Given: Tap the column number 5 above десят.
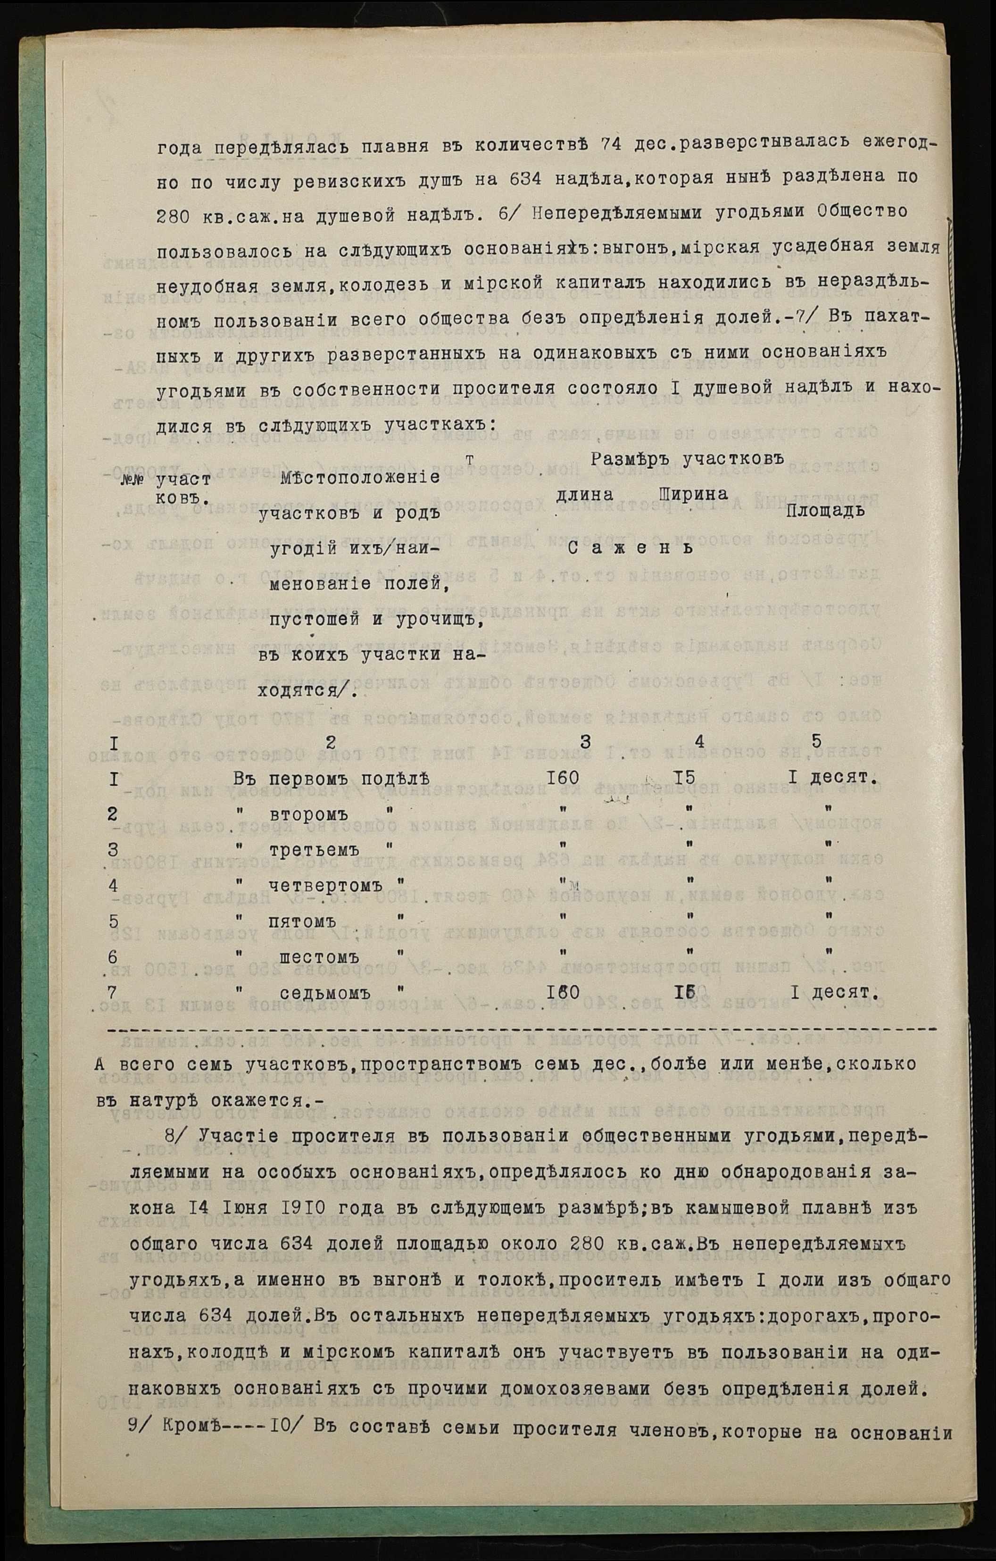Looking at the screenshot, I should pos(816,741).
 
